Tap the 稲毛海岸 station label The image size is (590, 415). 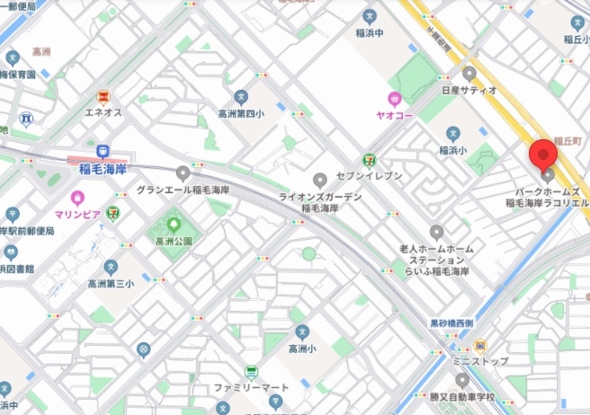pos(103,167)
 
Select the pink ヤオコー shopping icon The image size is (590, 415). pos(394,98)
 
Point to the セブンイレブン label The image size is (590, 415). pos(369,175)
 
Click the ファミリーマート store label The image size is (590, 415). pos(252,389)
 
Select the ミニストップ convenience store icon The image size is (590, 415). pos(480,346)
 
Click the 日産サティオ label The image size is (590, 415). pos(469,90)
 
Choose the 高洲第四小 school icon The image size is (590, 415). pos(240,97)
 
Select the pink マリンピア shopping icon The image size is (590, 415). pos(78,197)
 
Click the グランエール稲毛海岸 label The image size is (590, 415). pos(183,190)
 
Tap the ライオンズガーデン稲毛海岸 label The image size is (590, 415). pos(319,202)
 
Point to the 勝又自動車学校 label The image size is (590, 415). pos(461,396)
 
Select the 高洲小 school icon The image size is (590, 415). pos(302,331)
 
